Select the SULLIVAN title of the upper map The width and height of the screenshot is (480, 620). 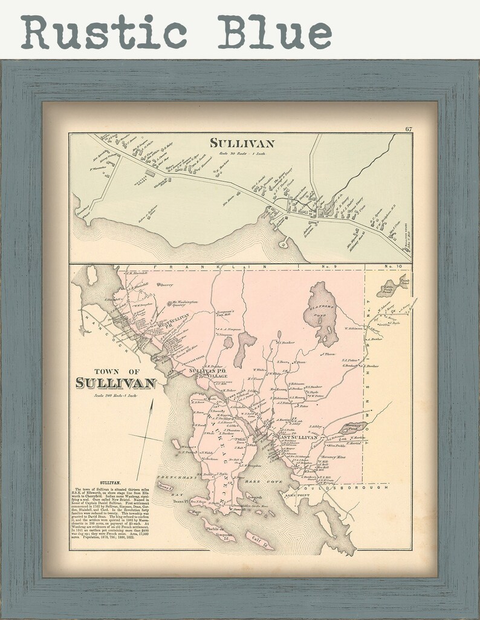click(242, 143)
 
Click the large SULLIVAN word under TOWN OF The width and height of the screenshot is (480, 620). click(116, 383)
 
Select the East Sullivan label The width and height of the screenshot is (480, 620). click(296, 437)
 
